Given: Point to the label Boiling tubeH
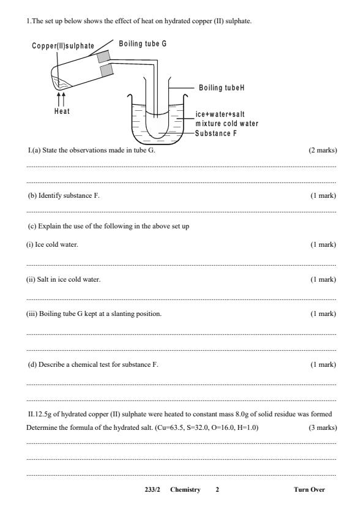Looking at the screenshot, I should coord(222,88).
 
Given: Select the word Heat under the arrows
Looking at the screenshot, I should coord(61,111).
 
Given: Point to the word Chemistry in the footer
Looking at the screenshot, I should coord(185,489).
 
